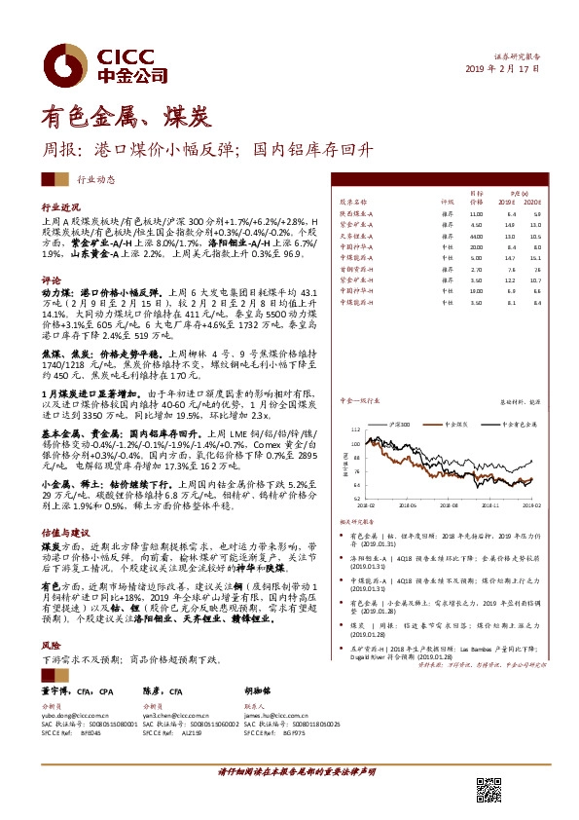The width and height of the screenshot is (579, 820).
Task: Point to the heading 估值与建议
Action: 64,535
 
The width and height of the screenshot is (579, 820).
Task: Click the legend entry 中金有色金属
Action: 519,425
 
